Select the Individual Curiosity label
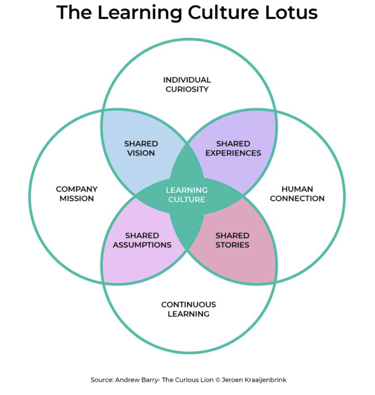[187, 84]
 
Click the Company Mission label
[77, 194]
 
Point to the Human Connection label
[297, 194]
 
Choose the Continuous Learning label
[189, 309]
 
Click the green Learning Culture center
[187, 194]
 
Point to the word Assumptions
[142, 245]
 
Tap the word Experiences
[233, 153]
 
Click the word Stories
[232, 245]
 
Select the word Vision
[141, 153]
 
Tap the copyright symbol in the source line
[217, 380]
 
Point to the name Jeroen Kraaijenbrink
[254, 380]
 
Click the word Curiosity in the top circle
[187, 89]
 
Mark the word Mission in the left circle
[77, 199]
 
